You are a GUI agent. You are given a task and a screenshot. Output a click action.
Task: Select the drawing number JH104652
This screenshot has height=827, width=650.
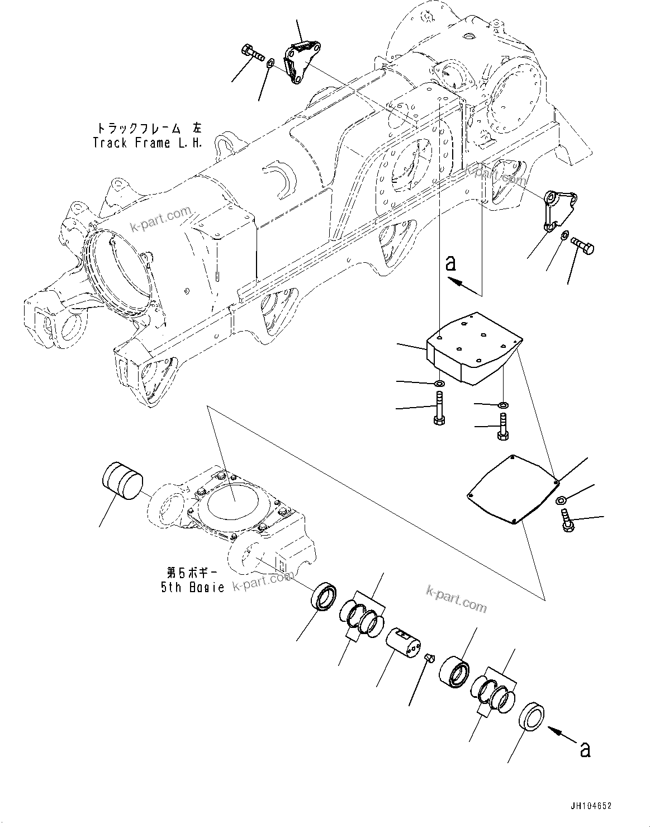tap(591, 806)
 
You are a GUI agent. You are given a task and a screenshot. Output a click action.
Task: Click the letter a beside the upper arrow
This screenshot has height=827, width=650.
tap(451, 263)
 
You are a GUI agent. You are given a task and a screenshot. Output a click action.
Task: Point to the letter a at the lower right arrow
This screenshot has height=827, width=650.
tap(585, 749)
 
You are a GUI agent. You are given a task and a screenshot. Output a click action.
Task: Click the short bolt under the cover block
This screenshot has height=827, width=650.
tap(502, 428)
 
